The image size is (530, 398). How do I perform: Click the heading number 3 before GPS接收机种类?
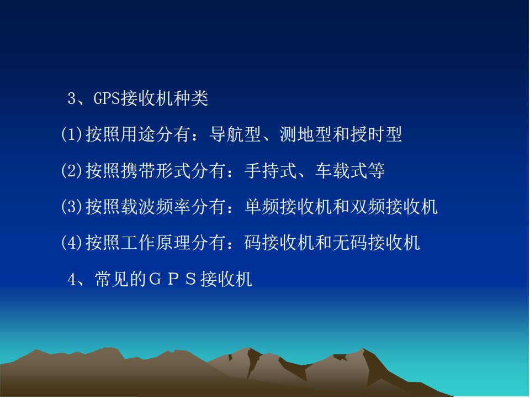pos(71,99)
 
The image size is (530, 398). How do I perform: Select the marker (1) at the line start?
pos(72,134)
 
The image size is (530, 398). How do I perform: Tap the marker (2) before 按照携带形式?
pos(72,171)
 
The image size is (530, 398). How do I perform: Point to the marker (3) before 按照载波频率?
pos(72,206)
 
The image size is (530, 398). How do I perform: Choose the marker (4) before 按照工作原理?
pos(72,243)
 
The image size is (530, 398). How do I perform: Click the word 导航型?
pos(235,134)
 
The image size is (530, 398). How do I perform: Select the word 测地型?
pos(305,134)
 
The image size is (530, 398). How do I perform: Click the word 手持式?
pos(271,171)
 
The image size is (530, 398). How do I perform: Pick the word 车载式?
pos(341,171)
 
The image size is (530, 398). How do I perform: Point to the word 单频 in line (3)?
pos(262,206)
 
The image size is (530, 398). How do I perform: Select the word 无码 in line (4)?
pos(350,243)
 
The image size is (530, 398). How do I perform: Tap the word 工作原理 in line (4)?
pos(156,243)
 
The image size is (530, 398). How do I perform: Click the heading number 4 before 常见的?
pos(71,280)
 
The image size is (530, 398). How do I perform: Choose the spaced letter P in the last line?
pos(173,280)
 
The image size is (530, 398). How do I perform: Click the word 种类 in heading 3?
pos(190,99)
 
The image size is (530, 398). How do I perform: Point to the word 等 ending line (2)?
pos(376,171)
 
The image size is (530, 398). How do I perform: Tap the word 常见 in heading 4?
pos(112,280)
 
